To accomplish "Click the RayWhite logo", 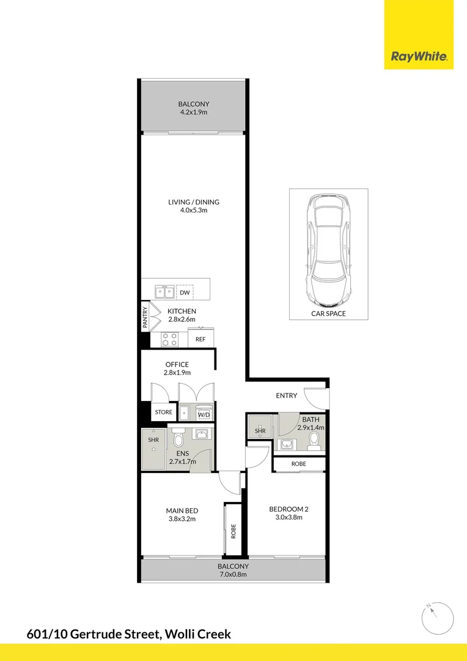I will (x=419, y=57).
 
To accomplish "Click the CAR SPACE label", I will (x=329, y=313).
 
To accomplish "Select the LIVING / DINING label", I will (x=194, y=202).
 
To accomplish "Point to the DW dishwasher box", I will (x=184, y=293).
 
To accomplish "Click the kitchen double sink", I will (x=163, y=292).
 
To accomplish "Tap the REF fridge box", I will (x=200, y=339).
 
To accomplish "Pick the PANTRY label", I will (x=145, y=318).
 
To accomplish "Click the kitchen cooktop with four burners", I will (x=169, y=338).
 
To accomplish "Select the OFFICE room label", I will (x=177, y=364).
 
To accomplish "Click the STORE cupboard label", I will (x=163, y=413).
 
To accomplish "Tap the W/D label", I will (x=204, y=415).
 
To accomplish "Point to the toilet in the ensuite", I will (x=178, y=438).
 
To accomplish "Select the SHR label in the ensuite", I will (x=152, y=439).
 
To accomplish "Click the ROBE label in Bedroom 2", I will (x=298, y=464).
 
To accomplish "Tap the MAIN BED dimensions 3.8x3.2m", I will (x=182, y=519).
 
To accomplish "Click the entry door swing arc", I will (x=317, y=398).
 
